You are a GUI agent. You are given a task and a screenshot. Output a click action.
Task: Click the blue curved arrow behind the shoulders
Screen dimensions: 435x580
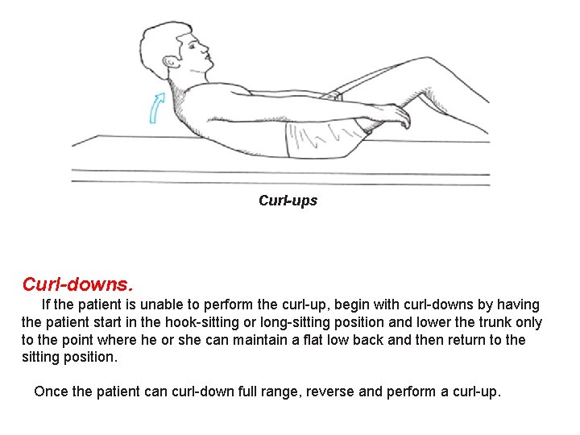click(156, 107)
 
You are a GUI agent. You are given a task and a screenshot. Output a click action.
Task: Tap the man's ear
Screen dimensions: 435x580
click(169, 62)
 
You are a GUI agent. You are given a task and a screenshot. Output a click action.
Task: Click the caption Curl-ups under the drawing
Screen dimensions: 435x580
click(288, 201)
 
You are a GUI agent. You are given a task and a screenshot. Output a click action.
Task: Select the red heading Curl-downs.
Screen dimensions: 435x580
click(77, 285)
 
